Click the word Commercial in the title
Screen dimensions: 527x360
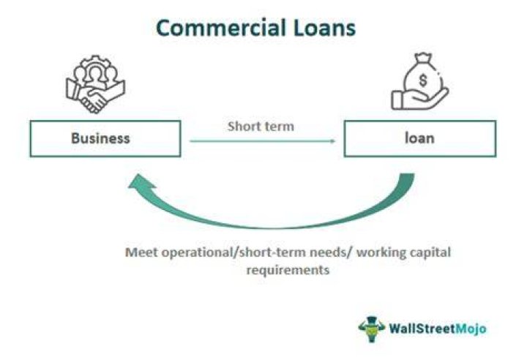click(221, 28)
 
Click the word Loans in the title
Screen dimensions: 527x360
click(325, 28)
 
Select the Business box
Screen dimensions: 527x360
click(105, 138)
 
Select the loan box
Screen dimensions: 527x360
click(420, 138)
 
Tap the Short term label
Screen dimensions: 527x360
click(261, 127)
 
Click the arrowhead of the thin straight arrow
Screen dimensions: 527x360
click(332, 141)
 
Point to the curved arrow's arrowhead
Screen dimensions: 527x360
click(141, 181)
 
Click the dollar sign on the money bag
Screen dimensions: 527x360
click(423, 80)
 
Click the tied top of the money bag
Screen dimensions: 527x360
click(423, 59)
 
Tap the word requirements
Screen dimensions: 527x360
click(288, 270)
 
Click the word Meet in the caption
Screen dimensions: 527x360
click(141, 252)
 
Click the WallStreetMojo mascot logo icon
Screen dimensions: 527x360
click(371, 329)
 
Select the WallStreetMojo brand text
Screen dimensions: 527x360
click(438, 329)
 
